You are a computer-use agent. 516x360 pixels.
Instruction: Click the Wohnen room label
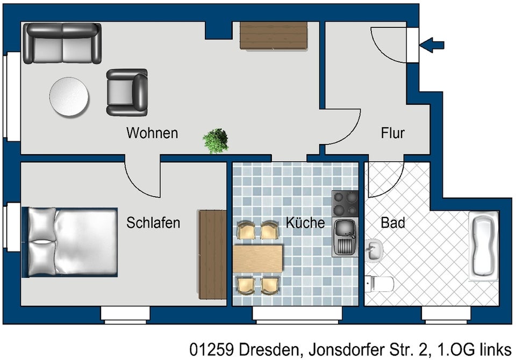click(x=152, y=133)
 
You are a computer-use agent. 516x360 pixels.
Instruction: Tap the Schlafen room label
click(x=153, y=222)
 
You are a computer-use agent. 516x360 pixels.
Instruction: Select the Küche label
click(x=305, y=222)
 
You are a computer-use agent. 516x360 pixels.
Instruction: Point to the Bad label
click(x=392, y=222)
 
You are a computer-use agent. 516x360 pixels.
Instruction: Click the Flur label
click(x=392, y=133)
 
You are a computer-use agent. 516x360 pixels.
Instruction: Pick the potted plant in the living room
click(x=216, y=141)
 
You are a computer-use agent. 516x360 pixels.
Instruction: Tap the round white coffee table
click(x=69, y=97)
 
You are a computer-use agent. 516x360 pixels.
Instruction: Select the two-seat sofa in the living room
click(x=62, y=44)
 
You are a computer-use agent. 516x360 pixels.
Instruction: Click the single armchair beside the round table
click(x=127, y=92)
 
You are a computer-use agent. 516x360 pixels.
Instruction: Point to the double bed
click(x=70, y=242)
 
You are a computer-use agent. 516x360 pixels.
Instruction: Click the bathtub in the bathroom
click(x=483, y=246)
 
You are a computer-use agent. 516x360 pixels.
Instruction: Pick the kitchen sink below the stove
click(x=345, y=237)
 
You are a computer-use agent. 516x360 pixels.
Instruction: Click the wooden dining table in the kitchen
click(x=258, y=259)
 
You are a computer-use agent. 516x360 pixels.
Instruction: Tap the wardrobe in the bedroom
click(x=212, y=254)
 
